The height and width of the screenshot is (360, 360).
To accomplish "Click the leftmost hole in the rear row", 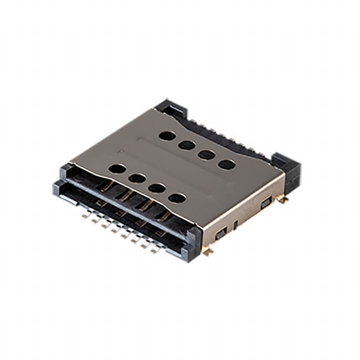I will click(x=166, y=135).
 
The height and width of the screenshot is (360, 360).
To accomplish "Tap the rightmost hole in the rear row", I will click(x=227, y=164).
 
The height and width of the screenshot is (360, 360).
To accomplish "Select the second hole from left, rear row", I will click(x=187, y=145).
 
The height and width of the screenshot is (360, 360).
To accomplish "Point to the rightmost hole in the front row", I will click(x=177, y=198).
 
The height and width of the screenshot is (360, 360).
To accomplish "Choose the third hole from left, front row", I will click(x=157, y=188).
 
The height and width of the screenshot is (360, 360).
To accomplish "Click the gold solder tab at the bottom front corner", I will click(x=208, y=251).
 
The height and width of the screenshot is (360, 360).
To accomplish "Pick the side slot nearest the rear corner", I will click(x=264, y=203).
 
